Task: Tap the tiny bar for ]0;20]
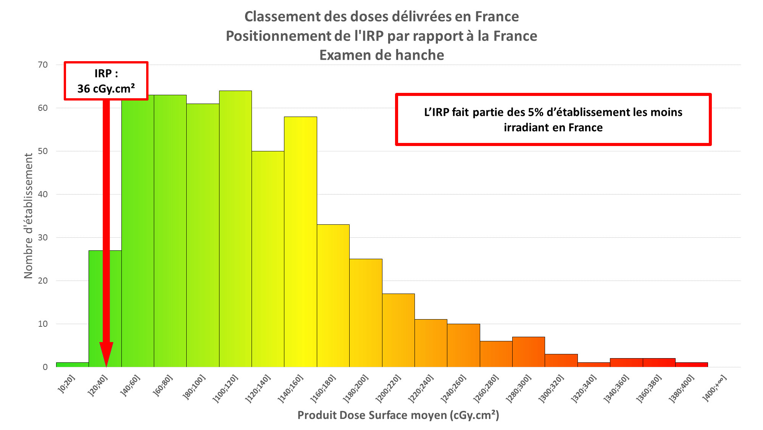click(72, 365)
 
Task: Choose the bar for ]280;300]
click(528, 352)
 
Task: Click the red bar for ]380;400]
click(691, 365)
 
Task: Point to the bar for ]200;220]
click(398, 330)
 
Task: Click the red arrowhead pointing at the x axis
click(106, 354)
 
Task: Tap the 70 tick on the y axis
click(43, 65)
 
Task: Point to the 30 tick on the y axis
click(43, 238)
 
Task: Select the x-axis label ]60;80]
click(163, 386)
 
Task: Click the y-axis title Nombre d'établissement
click(28, 216)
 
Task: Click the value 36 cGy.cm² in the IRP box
click(106, 89)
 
